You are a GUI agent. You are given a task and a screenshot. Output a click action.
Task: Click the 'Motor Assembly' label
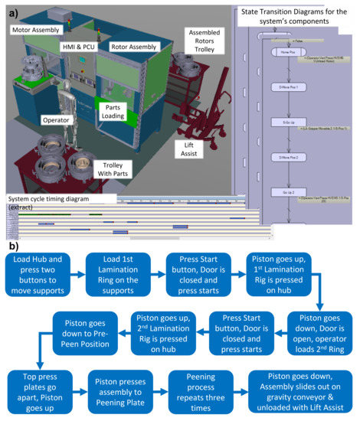[x=37, y=28]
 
